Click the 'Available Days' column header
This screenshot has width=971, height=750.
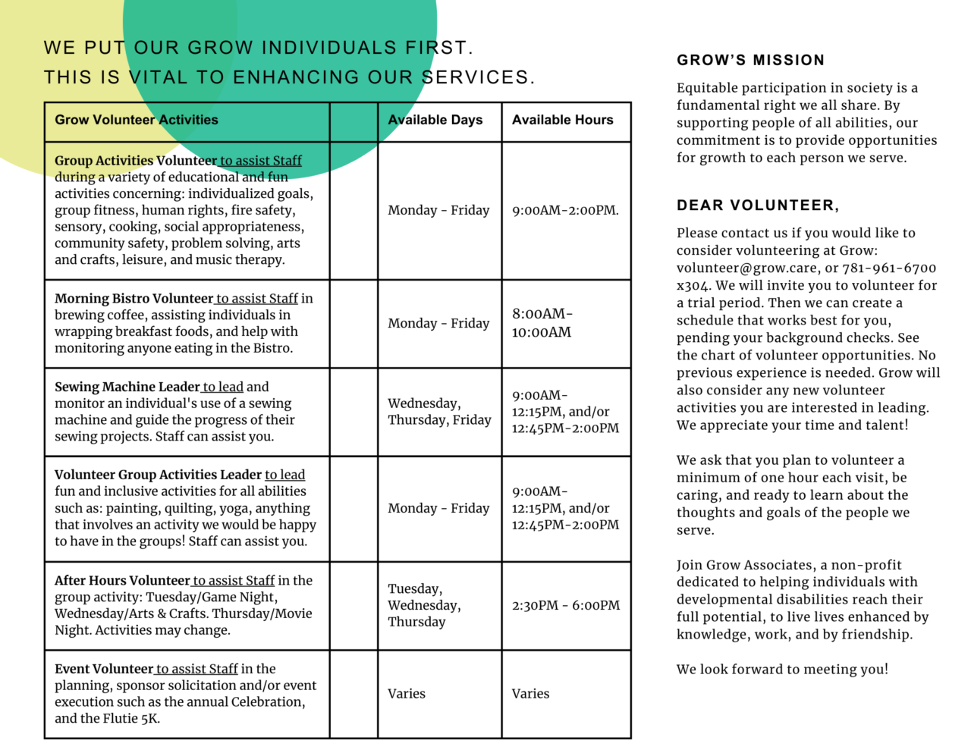point(435,120)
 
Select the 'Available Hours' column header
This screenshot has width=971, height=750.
point(562,120)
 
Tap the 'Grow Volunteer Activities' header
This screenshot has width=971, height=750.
point(137,120)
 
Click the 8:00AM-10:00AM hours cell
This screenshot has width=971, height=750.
point(542,323)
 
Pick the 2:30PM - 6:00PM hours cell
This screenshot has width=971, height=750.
point(565,605)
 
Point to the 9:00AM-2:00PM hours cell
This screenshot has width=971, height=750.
point(565,210)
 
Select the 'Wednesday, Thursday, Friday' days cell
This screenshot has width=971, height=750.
point(439,412)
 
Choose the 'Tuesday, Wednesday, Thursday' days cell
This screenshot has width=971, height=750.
point(424,605)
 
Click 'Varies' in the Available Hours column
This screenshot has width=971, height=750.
point(530,693)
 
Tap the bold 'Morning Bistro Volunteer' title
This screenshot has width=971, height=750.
point(134,299)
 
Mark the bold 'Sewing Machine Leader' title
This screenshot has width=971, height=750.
point(127,387)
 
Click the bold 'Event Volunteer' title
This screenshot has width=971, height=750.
point(104,669)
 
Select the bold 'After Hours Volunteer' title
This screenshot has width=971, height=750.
point(122,581)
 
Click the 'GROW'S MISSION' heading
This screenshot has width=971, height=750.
point(750,60)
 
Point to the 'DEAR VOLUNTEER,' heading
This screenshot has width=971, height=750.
point(758,206)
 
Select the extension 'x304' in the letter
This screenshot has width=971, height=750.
point(693,285)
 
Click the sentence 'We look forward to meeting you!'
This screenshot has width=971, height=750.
point(782,669)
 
